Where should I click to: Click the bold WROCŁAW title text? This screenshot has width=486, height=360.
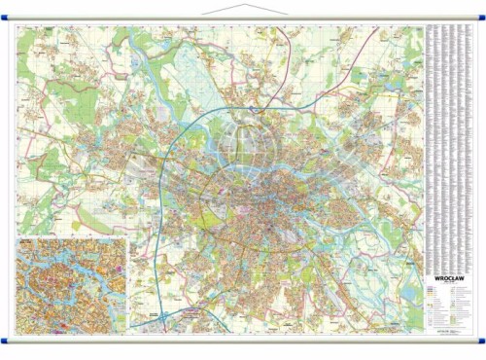pyautogui.click(x=448, y=275)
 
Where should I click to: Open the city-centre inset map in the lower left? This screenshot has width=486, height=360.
pyautogui.click(x=69, y=282)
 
